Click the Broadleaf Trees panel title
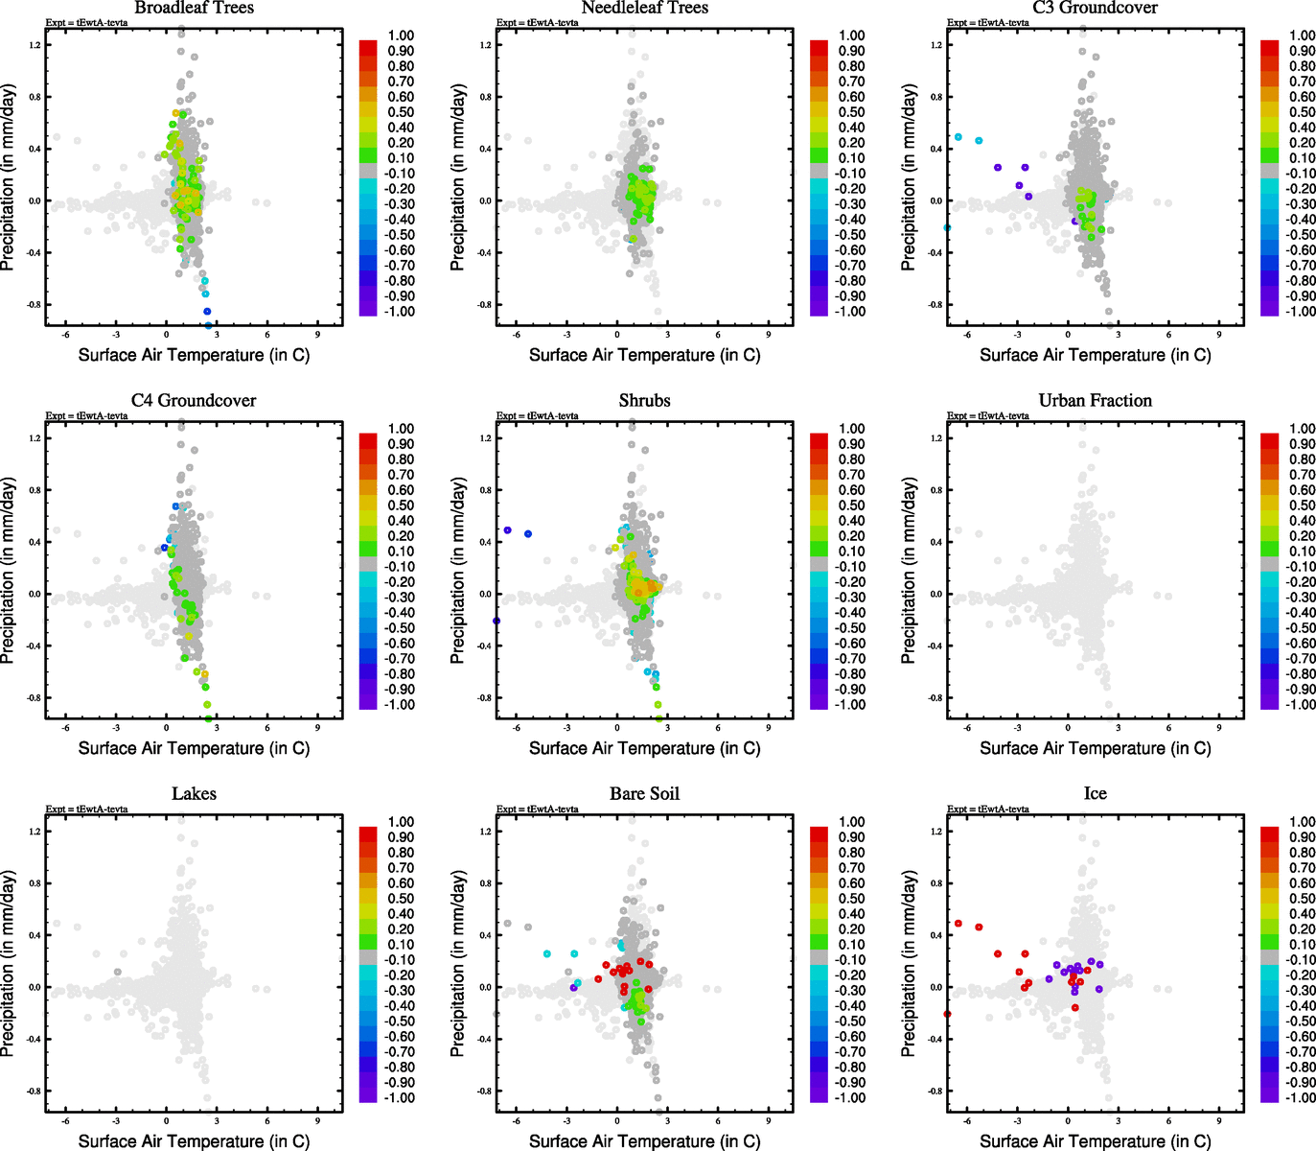coord(194,8)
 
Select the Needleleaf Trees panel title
coord(644,8)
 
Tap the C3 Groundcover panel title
coord(1095,8)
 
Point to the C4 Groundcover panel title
coord(194,401)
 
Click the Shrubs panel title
coord(644,401)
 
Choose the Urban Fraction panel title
coord(1095,401)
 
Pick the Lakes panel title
coord(194,794)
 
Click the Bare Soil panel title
coord(644,794)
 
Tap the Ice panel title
coord(1095,794)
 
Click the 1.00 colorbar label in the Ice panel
coord(1303,822)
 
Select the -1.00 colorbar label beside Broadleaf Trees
coord(400,312)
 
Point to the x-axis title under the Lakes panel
coord(194,1141)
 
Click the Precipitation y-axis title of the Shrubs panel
coord(458,571)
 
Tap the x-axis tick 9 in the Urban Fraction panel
coord(1219,728)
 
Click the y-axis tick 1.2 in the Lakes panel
coord(35,832)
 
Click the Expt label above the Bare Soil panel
coord(537,809)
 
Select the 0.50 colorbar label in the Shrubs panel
coord(852,505)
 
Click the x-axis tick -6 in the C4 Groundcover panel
coord(65,728)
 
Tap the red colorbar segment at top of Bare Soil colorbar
coord(820,831)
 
